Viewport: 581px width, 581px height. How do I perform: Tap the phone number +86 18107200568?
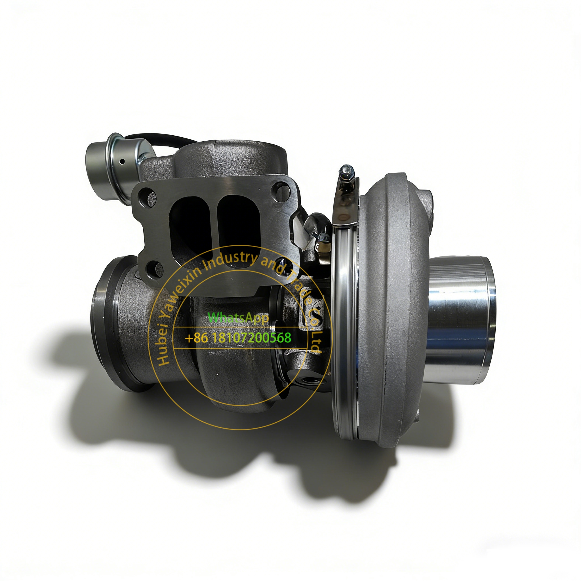pyautogui.click(x=238, y=338)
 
